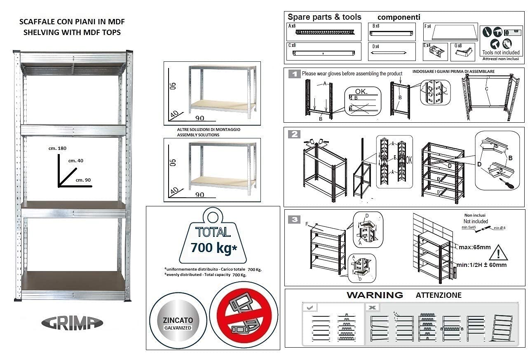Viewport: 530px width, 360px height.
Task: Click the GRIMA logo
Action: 72,323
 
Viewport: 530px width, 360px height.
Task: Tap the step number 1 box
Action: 294,74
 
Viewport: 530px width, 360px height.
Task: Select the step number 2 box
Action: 294,134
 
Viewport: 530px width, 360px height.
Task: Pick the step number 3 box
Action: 294,220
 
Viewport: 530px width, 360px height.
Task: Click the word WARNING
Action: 375,295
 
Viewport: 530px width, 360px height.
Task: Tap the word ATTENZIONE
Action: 439,295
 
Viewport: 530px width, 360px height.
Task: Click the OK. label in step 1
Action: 361,91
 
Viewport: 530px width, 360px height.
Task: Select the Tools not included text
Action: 501,52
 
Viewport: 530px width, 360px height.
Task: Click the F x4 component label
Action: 427,26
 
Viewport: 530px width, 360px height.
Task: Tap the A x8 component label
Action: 292,26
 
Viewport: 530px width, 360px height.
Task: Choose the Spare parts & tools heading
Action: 324,17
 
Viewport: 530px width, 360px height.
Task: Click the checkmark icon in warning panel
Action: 310,307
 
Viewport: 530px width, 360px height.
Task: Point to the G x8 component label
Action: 457,46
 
